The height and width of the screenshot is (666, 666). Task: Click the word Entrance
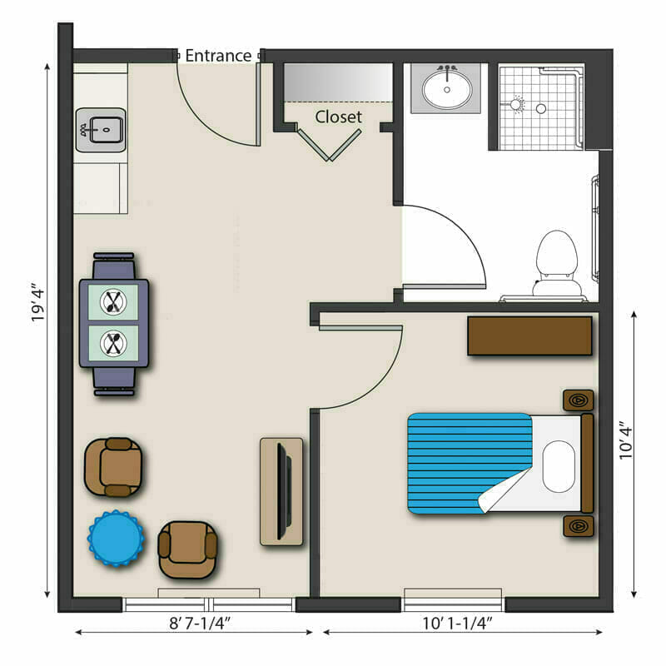point(218,56)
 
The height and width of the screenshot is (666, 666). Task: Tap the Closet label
point(339,117)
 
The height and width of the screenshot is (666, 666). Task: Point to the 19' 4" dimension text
point(37,305)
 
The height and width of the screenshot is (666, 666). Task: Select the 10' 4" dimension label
point(626,440)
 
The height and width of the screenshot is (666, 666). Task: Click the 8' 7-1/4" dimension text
point(200,623)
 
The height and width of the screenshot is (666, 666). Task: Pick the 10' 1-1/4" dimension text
point(457,623)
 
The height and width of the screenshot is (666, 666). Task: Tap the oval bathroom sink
point(447,89)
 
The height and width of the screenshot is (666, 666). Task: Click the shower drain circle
point(540,109)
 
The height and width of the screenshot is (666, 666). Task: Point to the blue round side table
point(116,539)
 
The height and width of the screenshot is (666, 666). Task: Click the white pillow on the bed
point(559,466)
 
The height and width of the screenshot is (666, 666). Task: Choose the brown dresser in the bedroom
point(529,336)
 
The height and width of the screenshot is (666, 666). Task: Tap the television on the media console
point(284,491)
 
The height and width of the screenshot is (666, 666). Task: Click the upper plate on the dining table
point(113,302)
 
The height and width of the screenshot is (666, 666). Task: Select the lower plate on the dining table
point(113,343)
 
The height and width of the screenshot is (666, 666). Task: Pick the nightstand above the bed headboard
point(578,400)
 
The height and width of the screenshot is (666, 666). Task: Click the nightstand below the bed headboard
point(578,526)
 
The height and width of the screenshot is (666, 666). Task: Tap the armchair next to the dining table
point(114,467)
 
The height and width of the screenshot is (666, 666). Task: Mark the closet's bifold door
point(329,145)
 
